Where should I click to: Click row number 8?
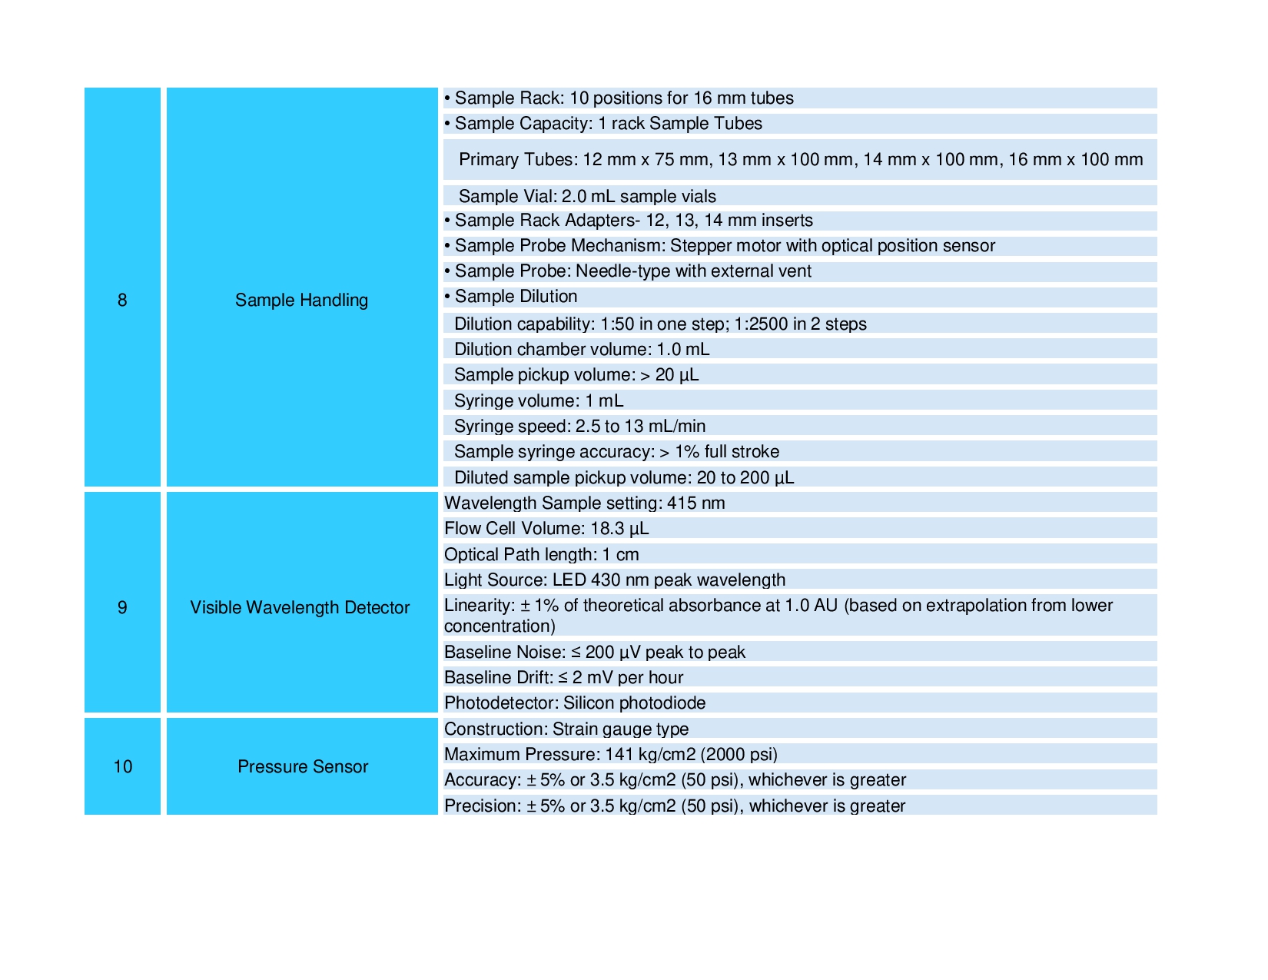122,300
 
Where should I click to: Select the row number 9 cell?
122,607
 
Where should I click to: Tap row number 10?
122,766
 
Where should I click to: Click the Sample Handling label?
301,300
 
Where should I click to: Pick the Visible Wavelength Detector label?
300,607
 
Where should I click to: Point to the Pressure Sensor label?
302,766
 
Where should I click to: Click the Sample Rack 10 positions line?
623,98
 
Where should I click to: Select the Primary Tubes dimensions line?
800,160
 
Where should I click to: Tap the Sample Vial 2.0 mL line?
586,196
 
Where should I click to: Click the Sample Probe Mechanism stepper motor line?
724,246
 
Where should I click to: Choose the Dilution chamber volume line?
581,350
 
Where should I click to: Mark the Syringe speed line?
579,426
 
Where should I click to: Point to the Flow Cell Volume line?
546,529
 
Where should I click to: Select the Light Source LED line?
615,580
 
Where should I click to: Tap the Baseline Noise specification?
594,652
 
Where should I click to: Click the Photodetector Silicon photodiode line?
574,703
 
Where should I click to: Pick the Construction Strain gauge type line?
566,729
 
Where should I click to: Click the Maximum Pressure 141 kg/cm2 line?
610,754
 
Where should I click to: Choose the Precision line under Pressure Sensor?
674,806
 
